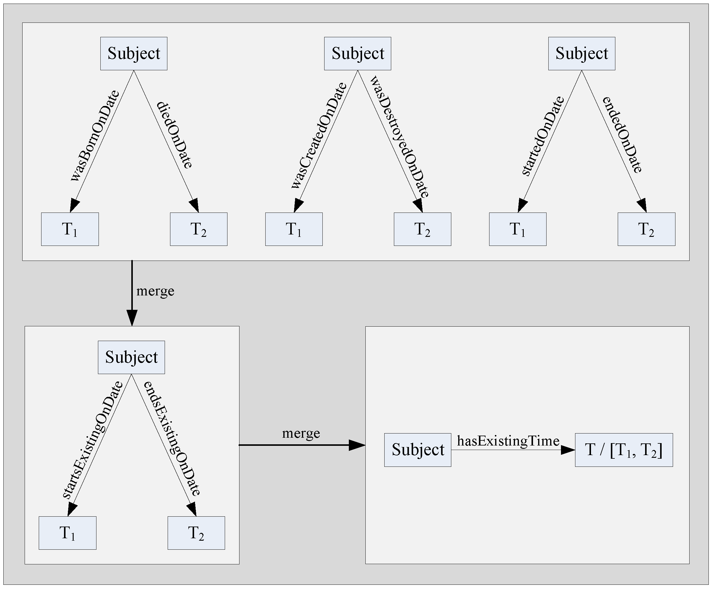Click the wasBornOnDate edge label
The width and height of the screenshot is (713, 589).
click(95, 136)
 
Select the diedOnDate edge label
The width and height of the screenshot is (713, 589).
click(175, 135)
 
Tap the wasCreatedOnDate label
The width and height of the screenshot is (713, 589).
click(319, 136)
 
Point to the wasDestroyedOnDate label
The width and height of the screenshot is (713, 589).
click(400, 136)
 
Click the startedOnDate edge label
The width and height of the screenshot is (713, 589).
click(543, 136)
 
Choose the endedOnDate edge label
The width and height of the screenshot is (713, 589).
click(622, 135)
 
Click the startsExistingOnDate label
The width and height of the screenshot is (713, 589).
click(92, 440)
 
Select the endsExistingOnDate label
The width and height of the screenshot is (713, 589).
click(172, 439)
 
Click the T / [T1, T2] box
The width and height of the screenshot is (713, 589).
click(624, 450)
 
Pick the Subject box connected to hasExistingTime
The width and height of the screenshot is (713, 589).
click(418, 450)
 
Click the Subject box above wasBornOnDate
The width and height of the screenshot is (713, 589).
click(134, 54)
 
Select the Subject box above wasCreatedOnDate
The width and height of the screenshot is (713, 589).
click(358, 54)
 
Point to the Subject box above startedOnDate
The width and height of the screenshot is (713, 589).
click(582, 54)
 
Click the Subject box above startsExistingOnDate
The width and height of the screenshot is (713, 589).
click(131, 357)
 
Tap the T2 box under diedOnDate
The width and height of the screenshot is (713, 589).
click(199, 229)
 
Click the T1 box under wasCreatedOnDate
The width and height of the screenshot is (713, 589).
click(294, 229)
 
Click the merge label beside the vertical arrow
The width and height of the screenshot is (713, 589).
click(155, 291)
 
